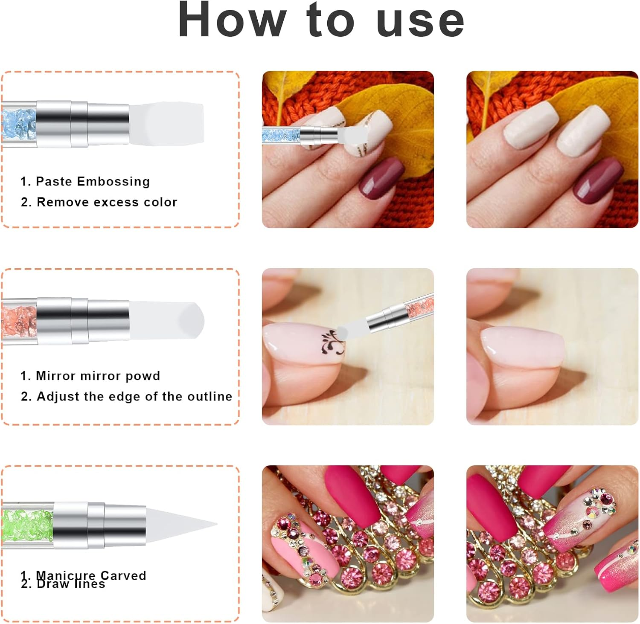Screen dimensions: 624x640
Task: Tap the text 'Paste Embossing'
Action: tap(93, 181)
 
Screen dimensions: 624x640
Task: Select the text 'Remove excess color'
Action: tap(107, 202)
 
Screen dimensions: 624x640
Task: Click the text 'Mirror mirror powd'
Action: tap(98, 376)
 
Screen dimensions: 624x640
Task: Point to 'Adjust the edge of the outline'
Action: tap(134, 396)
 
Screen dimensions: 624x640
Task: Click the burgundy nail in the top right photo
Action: tap(597, 179)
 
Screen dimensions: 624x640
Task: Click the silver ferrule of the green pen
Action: tap(100, 525)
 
